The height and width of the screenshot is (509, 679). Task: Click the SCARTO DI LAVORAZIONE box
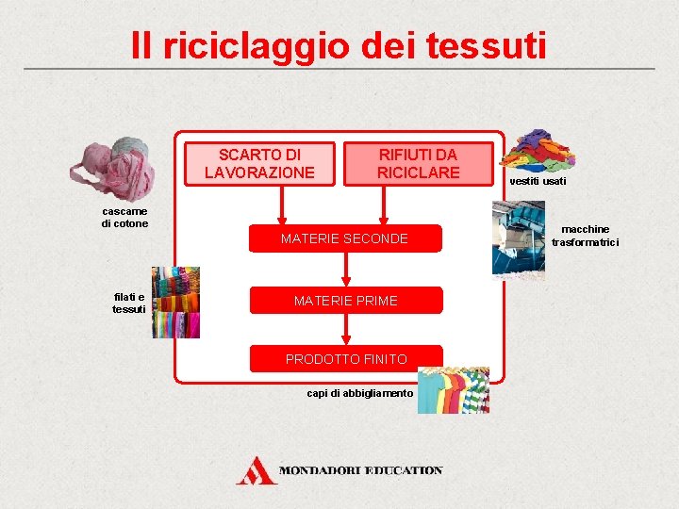(260, 164)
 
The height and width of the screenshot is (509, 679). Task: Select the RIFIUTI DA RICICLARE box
(418, 164)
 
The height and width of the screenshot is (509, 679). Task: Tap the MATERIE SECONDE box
(344, 238)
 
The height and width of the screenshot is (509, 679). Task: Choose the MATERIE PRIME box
(345, 301)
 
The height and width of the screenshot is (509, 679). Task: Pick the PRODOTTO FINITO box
(346, 359)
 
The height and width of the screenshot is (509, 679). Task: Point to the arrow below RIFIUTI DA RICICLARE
(383, 205)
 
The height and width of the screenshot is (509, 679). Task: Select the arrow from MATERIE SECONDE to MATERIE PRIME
(346, 270)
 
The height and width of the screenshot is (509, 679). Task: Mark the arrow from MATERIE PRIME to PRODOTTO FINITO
(346, 329)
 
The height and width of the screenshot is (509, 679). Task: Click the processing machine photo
(518, 241)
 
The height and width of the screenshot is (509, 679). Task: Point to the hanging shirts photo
(452, 389)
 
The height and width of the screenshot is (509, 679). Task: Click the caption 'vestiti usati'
(538, 181)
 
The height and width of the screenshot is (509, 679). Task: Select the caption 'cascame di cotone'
(124, 218)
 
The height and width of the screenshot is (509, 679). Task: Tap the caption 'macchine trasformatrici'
(586, 236)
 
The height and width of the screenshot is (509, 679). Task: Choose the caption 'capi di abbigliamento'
(360, 393)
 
